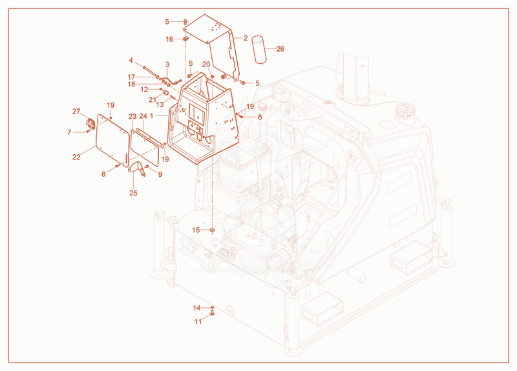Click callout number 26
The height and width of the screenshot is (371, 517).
[280, 49]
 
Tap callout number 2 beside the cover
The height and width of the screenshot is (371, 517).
[246, 38]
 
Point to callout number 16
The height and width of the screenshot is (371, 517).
[169, 39]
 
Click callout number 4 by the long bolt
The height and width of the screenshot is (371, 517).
[131, 61]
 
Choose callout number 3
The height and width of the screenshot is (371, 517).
[167, 65]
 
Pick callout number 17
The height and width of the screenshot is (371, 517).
[132, 77]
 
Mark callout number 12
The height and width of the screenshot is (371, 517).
[144, 90]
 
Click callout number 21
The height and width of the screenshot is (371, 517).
[152, 100]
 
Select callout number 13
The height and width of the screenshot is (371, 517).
[160, 105]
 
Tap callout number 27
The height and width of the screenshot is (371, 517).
[76, 112]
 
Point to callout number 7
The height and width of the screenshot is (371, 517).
[69, 132]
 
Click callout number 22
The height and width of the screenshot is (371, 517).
[76, 157]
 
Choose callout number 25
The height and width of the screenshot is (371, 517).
[133, 193]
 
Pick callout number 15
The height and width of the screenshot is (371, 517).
[196, 230]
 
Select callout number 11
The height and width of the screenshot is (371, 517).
[198, 321]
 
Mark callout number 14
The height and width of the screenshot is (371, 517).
[197, 308]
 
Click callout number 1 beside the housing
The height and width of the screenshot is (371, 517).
[152, 116]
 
